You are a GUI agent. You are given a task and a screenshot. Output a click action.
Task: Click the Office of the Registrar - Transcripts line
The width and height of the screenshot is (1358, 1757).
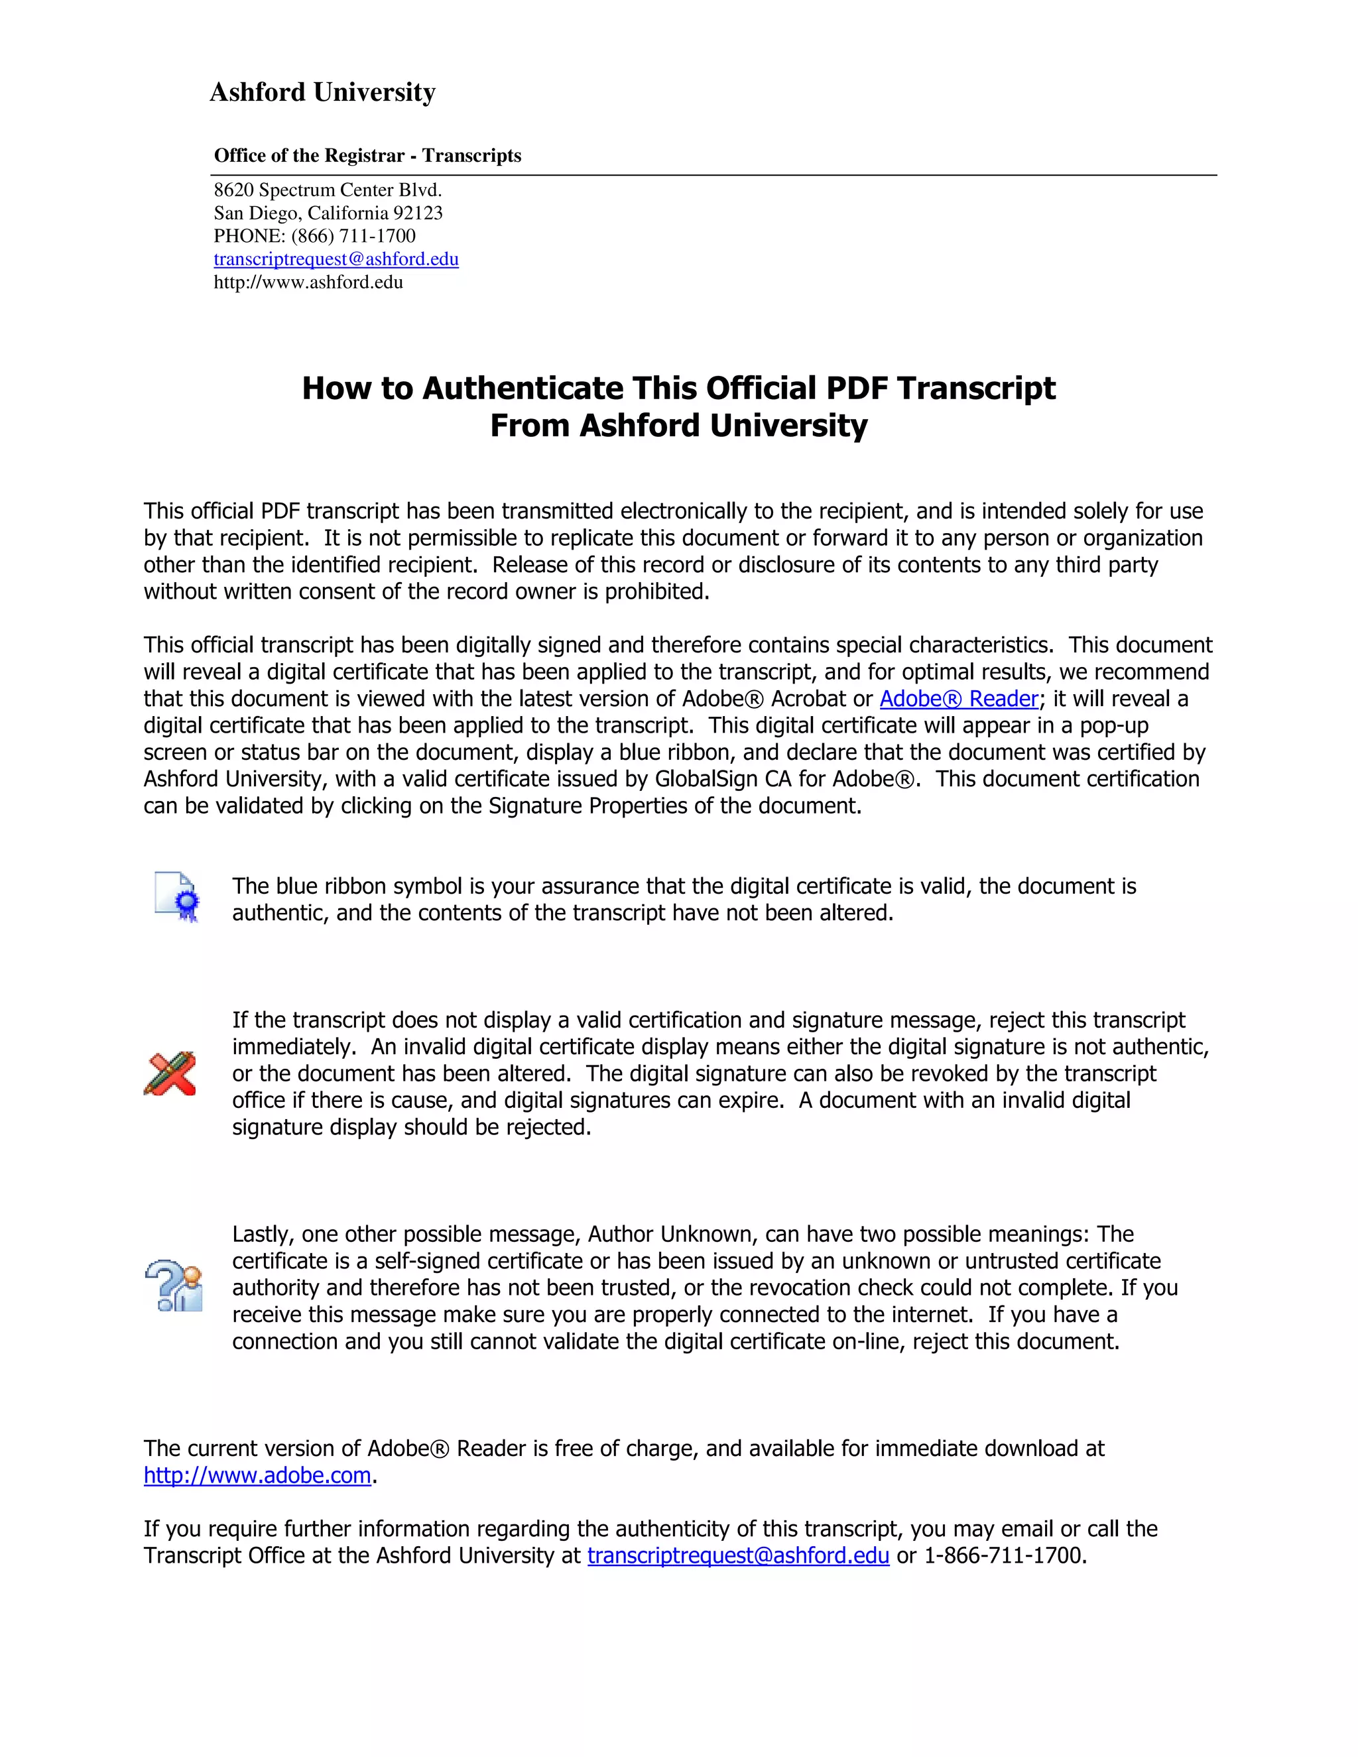(367, 155)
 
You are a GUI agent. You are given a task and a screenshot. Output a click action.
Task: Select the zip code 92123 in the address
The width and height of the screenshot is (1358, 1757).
(418, 213)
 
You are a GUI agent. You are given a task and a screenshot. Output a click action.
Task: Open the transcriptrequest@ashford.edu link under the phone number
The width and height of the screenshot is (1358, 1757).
(336, 259)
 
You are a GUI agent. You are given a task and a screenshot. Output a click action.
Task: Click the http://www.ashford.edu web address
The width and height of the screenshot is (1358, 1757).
(308, 282)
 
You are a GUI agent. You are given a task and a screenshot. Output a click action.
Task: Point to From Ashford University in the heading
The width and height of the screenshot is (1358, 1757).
(678, 426)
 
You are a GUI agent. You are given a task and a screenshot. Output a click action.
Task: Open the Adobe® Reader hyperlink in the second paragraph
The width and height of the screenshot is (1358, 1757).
(958, 698)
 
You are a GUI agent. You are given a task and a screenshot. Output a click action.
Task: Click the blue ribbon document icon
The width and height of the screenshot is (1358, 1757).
(177, 897)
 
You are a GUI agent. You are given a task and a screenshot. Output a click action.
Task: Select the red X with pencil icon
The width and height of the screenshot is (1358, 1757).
(170, 1073)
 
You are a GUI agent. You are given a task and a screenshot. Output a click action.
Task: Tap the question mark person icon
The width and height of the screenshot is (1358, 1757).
(174, 1286)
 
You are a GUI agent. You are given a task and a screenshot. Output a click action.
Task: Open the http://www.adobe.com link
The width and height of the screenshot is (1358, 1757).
(257, 1475)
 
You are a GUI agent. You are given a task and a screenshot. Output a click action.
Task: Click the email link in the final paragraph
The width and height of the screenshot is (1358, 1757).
(738, 1556)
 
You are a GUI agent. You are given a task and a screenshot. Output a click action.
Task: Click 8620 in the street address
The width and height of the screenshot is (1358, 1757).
(233, 191)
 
